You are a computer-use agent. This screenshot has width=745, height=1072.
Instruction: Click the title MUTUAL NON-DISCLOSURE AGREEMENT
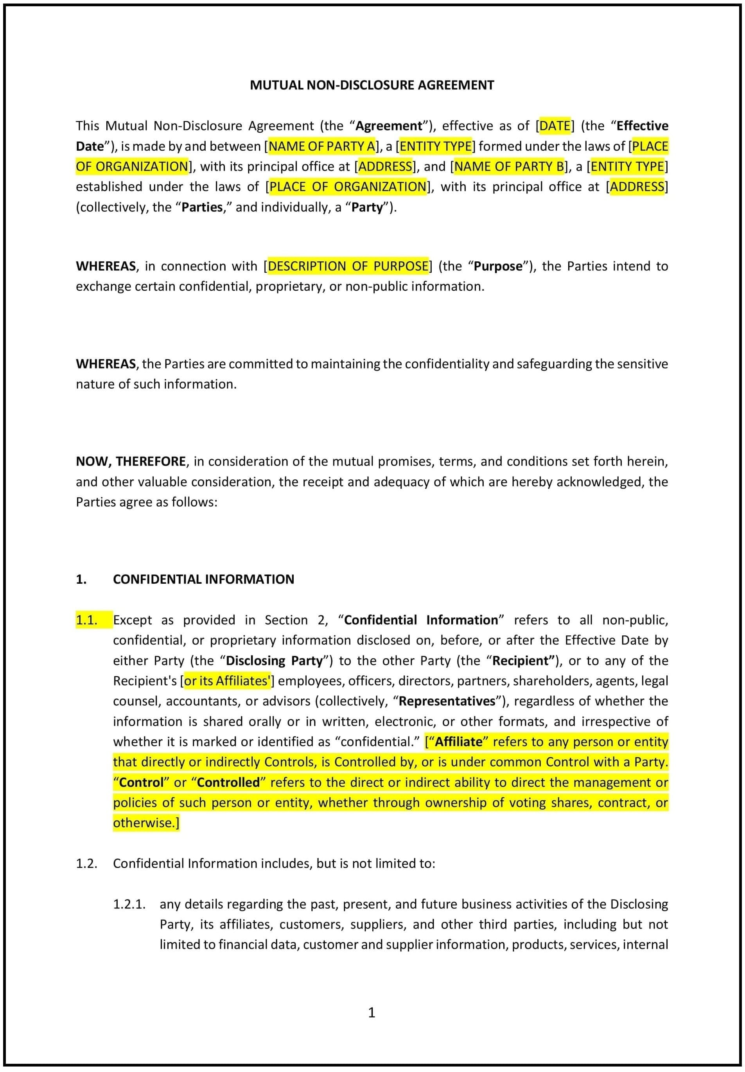click(372, 85)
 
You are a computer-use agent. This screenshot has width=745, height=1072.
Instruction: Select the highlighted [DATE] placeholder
click(555, 126)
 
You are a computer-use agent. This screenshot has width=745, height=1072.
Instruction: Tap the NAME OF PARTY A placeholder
click(321, 146)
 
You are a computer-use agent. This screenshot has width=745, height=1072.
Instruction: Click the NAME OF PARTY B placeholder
click(509, 166)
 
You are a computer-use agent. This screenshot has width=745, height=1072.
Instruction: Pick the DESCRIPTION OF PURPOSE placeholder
click(348, 266)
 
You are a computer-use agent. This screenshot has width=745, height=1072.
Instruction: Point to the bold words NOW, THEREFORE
click(131, 461)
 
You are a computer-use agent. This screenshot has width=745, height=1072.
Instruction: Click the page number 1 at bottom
click(372, 1012)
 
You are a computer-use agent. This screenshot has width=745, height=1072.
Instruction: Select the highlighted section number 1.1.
click(87, 620)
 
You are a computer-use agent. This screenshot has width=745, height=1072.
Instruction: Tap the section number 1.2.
click(87, 863)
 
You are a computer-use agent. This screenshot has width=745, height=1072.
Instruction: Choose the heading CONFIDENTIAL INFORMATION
click(203, 579)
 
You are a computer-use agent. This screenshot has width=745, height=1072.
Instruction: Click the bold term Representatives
click(447, 701)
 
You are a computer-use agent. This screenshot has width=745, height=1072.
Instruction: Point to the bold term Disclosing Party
click(274, 661)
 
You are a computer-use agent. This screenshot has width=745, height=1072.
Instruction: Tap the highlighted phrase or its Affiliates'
click(227, 681)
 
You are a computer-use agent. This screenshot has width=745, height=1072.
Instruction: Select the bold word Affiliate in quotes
click(458, 741)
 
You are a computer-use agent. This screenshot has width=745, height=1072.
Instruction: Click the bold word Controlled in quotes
click(228, 782)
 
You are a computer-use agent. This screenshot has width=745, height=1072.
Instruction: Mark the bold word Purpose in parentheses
click(498, 266)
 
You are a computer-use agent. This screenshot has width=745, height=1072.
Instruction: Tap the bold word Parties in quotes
click(202, 207)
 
